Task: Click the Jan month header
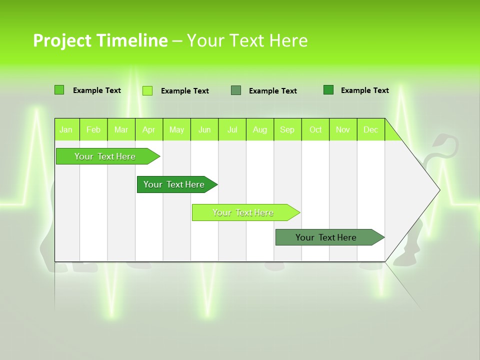coord(66,129)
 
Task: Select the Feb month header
coord(93,129)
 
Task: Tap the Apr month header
coord(148,129)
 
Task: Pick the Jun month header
coord(204,129)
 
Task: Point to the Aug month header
coord(260,129)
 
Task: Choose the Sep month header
coord(287,129)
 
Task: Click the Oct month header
coord(315,129)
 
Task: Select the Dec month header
coord(370,129)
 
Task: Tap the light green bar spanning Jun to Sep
coord(243,212)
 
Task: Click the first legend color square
coord(59,90)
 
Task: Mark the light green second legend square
coord(147,90)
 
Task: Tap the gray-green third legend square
coord(236,90)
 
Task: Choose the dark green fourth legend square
coord(328,90)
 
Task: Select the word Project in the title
coord(62,40)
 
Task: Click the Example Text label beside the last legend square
coord(364,90)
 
